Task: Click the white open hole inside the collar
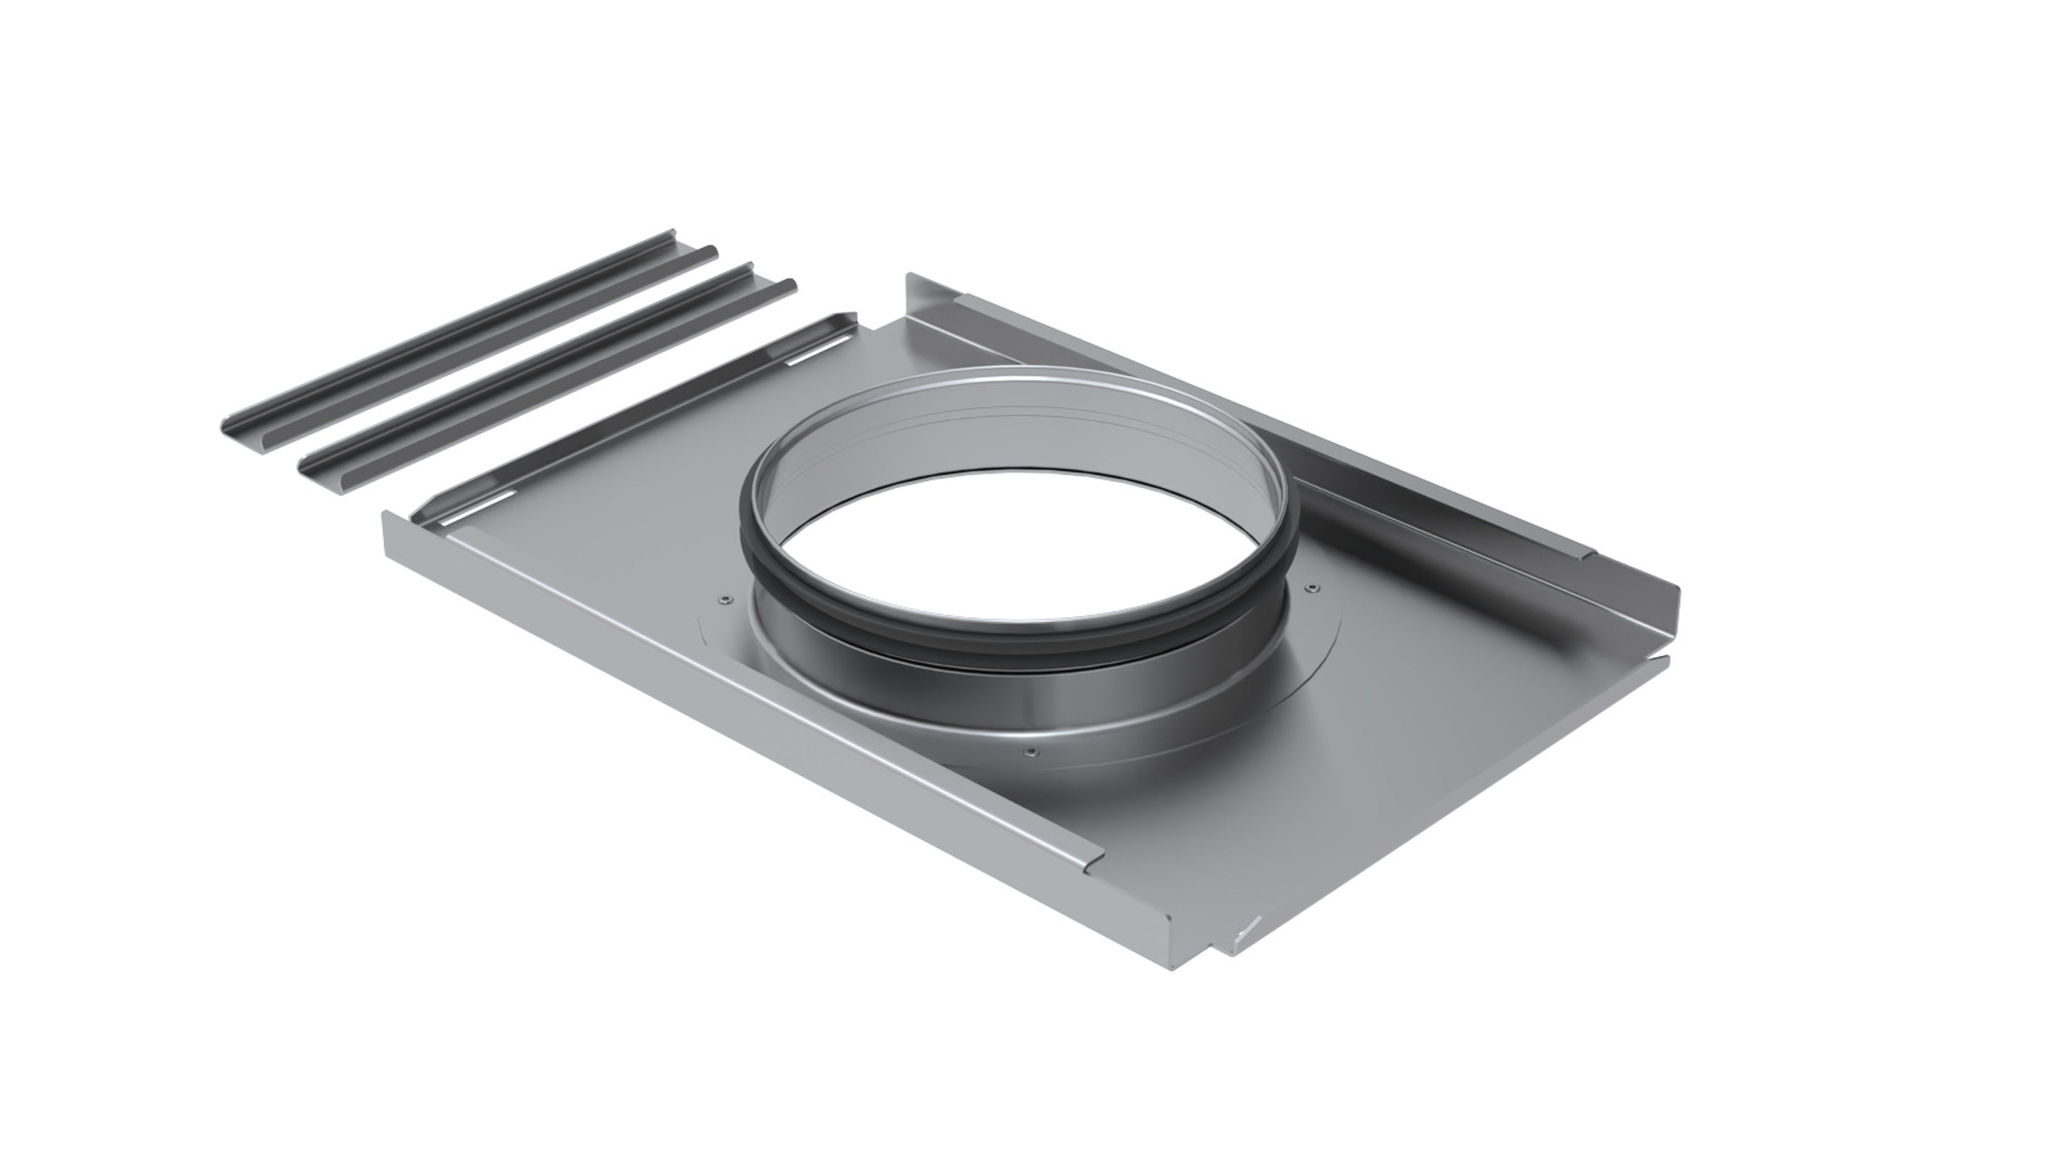1013,542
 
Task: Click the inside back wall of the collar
1029,430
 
